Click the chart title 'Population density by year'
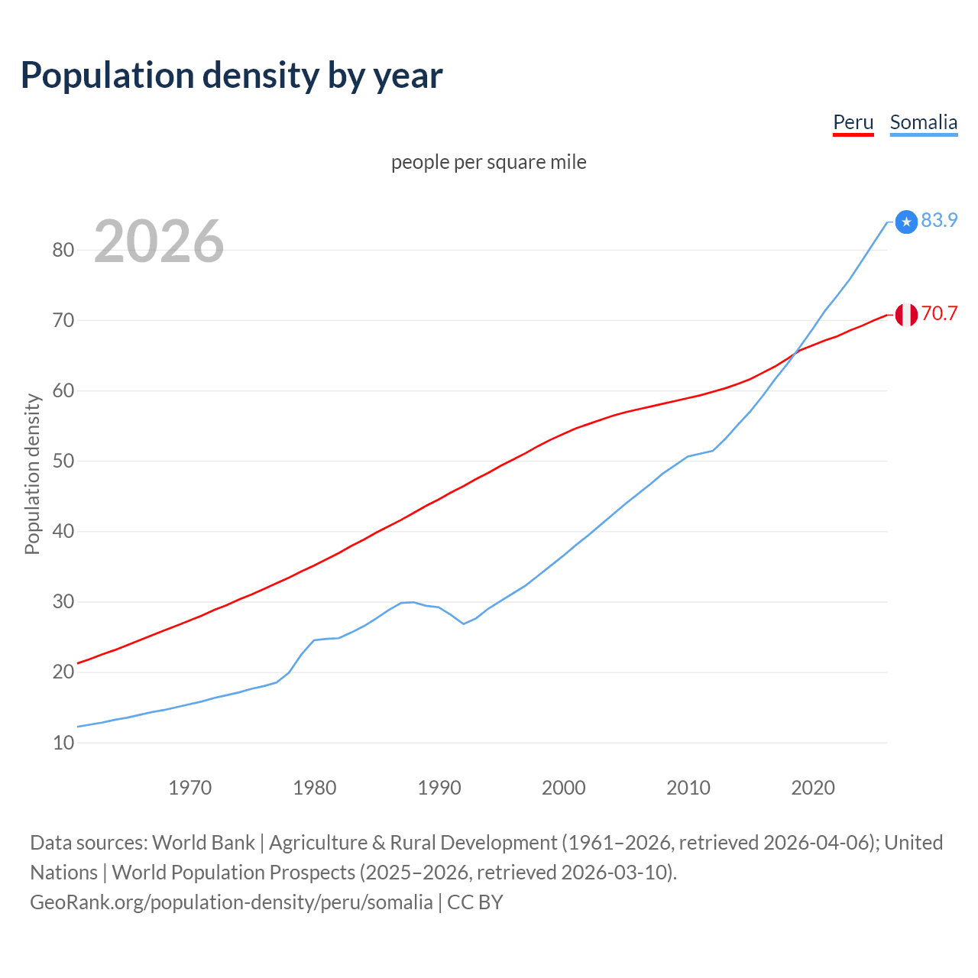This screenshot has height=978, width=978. pos(232,75)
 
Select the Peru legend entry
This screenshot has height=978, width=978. pos(853,122)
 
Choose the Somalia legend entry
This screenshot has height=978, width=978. pos(923,122)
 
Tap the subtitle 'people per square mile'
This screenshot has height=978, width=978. pos(488,162)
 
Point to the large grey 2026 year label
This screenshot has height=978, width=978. pos(159,241)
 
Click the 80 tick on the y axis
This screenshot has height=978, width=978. pos(63,250)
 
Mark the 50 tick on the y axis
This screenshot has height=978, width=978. pos(63,461)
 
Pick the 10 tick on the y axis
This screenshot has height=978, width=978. pos(63,743)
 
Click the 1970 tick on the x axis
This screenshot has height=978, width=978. pos(189,788)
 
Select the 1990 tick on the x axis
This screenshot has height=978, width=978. pos(439,788)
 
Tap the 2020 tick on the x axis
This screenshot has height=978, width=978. pos(813,788)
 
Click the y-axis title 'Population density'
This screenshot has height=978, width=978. pos(32,474)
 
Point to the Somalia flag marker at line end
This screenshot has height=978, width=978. pos(906,222)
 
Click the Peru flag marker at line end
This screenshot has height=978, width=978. pos(906,315)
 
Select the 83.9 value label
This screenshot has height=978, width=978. pos(939,220)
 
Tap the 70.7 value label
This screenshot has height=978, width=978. pos(939,313)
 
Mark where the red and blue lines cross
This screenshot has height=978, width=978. pos(795,352)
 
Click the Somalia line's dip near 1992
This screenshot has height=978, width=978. pos(464,623)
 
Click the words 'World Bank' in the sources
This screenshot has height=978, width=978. pos(203,842)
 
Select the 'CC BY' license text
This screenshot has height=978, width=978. pos(474,902)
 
